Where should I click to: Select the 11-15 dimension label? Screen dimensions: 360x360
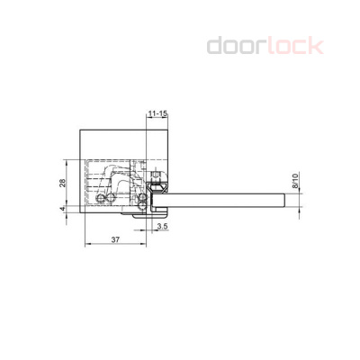[x=157, y=114]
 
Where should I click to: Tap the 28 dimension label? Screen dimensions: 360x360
[x=62, y=183]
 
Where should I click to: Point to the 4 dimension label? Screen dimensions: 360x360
[x=62, y=209]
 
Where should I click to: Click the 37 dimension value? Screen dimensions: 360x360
[x=115, y=239]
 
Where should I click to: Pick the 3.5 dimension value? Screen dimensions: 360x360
[x=162, y=226]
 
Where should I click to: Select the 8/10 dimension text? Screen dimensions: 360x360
[x=295, y=181]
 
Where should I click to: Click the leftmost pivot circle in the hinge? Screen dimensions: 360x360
[x=101, y=198]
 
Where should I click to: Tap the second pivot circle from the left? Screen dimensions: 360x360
[x=112, y=198]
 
